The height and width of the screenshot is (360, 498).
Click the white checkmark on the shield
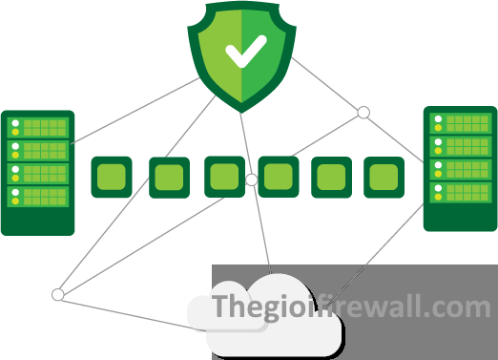pyautogui.click(x=246, y=53)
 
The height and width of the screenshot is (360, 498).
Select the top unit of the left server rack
pyautogui.click(x=38, y=127)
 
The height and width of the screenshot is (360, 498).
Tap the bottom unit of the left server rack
pyautogui.click(x=38, y=198)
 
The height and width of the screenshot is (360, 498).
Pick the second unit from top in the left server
pyautogui.click(x=38, y=151)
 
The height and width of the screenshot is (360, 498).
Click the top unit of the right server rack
pyautogui.click(x=460, y=123)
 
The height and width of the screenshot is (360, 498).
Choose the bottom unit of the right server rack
pyautogui.click(x=460, y=192)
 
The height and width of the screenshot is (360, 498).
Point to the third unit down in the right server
pyautogui.click(x=460, y=169)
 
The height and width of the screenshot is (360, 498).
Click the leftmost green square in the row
pyautogui.click(x=111, y=177)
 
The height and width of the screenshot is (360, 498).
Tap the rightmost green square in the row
pyautogui.click(x=384, y=177)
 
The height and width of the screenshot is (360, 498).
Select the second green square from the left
pyautogui.click(x=169, y=177)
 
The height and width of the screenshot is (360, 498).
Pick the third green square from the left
pyautogui.click(x=224, y=177)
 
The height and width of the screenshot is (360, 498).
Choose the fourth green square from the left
pyautogui.click(x=279, y=177)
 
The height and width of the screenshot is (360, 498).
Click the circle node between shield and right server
pyautogui.click(x=363, y=113)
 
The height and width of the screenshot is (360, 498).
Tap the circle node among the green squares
pyautogui.click(x=251, y=180)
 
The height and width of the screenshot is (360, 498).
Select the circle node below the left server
pyautogui.click(x=58, y=295)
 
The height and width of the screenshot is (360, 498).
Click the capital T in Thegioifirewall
pyautogui.click(x=220, y=307)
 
